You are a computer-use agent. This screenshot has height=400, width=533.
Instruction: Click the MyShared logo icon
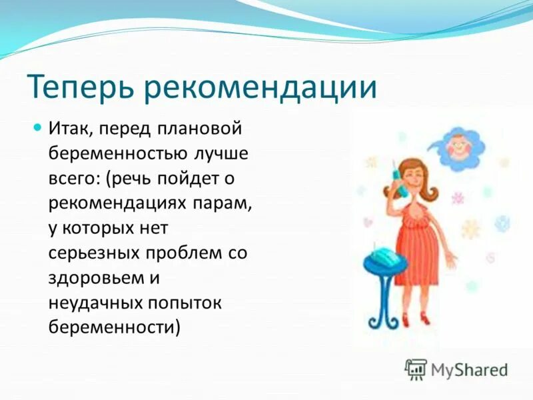[x=416, y=368]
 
